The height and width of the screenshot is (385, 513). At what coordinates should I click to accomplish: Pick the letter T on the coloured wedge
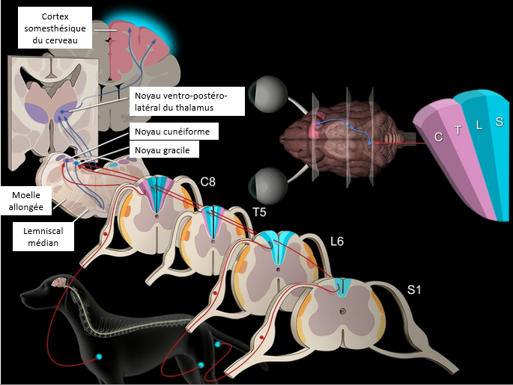point(458,129)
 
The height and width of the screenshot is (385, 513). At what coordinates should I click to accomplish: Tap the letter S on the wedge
point(499,121)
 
